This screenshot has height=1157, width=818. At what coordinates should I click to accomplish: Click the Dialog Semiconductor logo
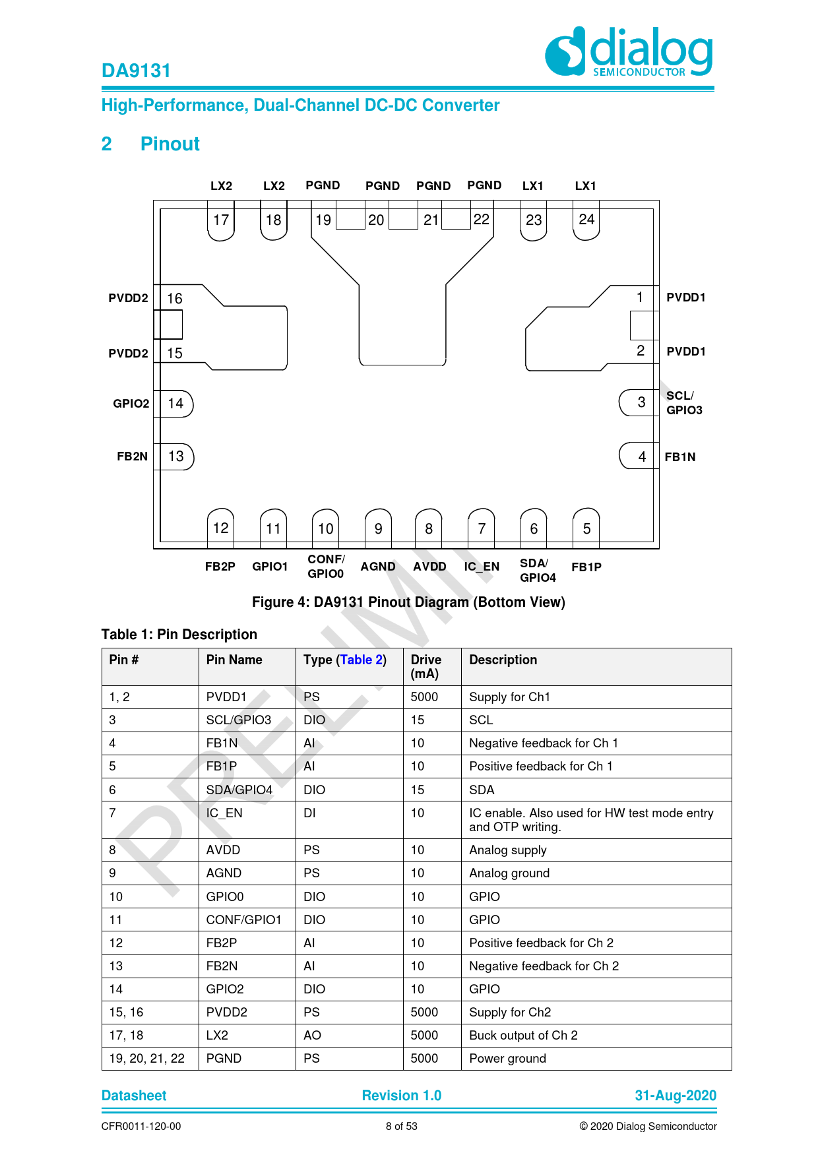tap(629, 51)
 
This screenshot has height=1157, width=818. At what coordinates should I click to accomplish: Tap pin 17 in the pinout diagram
tap(221, 221)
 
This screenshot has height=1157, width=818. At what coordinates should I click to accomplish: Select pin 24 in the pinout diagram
tap(586, 221)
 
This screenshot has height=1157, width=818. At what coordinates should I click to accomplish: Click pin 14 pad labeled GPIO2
tap(176, 404)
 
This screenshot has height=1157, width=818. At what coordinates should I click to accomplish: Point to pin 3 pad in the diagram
tap(639, 402)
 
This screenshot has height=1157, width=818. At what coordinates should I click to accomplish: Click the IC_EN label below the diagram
tap(482, 567)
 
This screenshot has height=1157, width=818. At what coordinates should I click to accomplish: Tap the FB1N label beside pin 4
tap(680, 457)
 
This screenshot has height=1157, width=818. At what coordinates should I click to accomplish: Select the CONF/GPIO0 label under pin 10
tap(326, 567)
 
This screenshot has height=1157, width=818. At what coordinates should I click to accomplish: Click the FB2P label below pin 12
tap(220, 567)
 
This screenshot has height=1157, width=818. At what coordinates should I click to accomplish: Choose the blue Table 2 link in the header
tap(361, 660)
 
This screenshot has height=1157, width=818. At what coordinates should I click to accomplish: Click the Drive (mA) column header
tap(426, 666)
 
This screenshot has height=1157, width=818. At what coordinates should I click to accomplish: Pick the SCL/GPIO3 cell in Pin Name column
tap(239, 720)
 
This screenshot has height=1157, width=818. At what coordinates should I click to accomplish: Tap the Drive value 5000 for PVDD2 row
tap(424, 1013)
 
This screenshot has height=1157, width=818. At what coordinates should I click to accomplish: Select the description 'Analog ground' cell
tap(509, 873)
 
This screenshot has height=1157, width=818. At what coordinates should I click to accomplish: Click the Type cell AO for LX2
tap(312, 1036)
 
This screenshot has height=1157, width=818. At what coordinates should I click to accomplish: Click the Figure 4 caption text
tap(408, 602)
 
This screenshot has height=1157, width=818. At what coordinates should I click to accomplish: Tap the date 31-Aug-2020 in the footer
tap(676, 1096)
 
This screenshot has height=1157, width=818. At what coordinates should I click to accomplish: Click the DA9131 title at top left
tap(136, 71)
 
